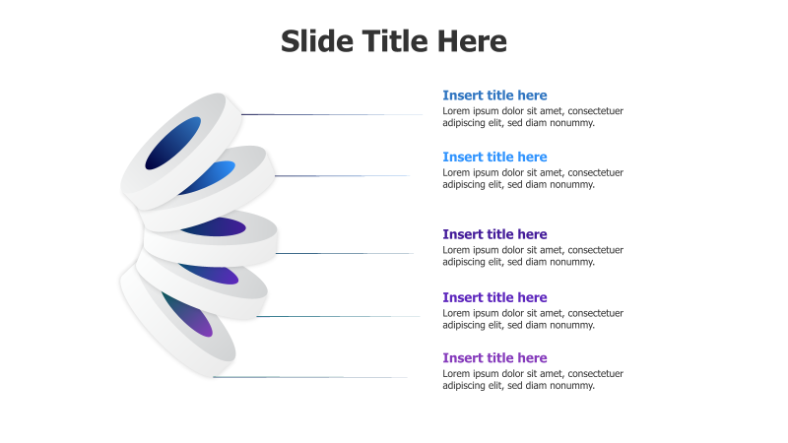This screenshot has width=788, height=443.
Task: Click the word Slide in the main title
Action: point(314,41)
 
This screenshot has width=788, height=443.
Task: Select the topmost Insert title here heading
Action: point(494,95)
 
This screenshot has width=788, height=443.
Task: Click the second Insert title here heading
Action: point(494,157)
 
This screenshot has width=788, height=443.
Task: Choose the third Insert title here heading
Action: point(494,234)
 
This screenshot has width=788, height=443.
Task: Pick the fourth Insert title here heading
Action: point(494,297)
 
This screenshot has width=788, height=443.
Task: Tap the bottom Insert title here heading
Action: point(494,358)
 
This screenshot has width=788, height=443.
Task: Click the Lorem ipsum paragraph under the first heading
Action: point(532,117)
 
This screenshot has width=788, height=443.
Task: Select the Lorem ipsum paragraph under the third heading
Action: point(532,256)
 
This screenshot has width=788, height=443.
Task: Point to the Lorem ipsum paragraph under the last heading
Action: point(532,380)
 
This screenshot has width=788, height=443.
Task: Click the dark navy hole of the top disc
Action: point(172,143)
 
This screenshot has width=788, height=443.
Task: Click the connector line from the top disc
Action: point(331,114)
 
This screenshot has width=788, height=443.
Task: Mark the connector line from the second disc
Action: point(341,176)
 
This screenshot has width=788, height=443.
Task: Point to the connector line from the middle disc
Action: point(345,253)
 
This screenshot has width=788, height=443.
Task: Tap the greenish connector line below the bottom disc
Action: point(309,377)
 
